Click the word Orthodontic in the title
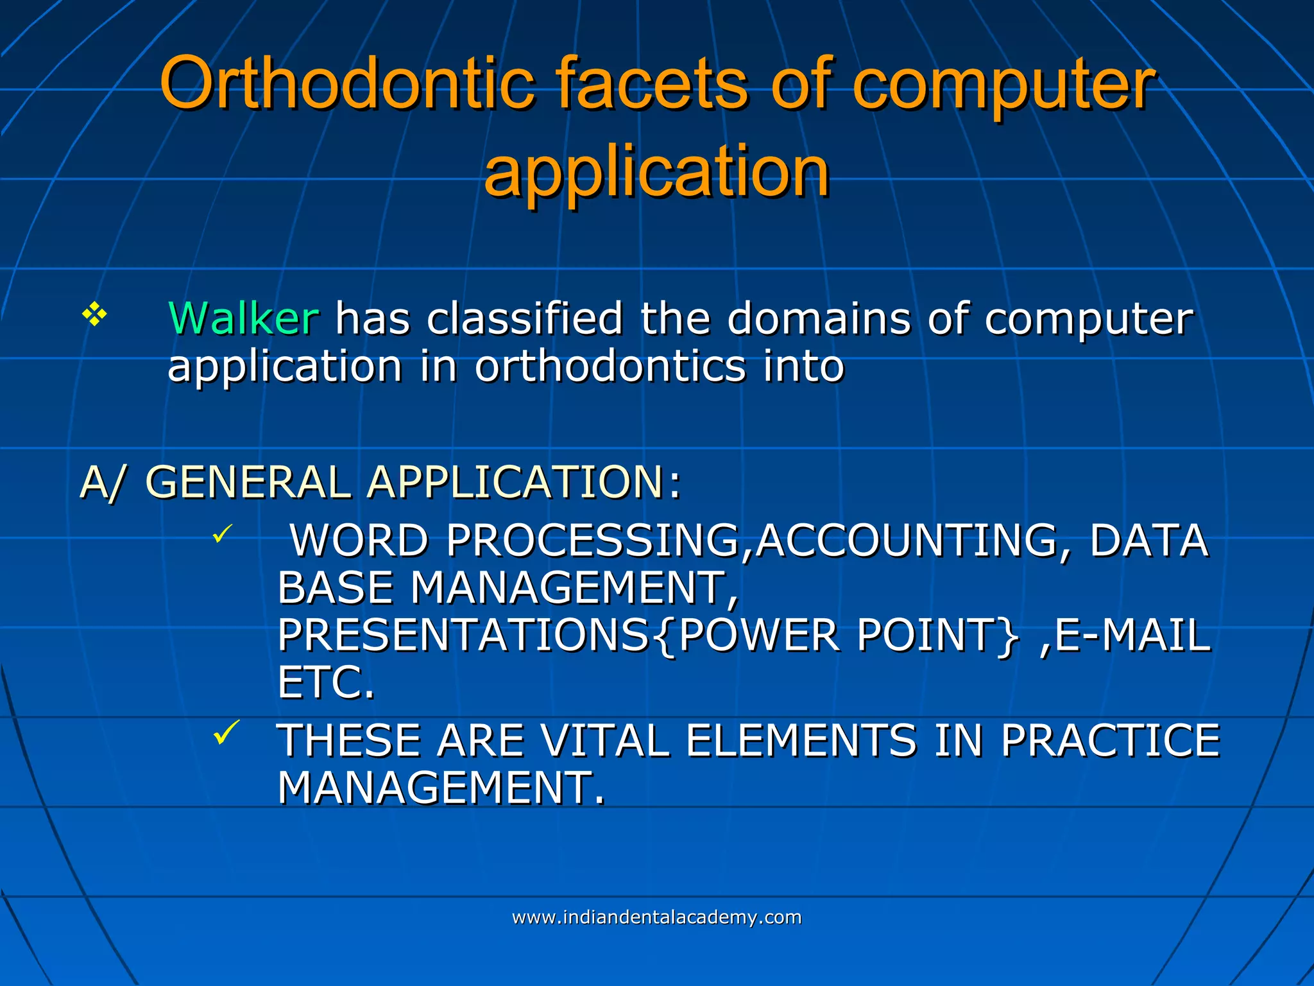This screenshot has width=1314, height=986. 347,83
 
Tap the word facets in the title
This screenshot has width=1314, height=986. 651,83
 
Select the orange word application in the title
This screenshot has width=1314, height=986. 656,172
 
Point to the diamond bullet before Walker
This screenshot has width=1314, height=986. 94,315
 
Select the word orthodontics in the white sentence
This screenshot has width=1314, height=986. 610,367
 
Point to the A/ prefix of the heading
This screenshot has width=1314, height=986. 101,482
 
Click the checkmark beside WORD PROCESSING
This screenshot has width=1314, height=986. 222,534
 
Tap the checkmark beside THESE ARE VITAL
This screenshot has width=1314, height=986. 226,732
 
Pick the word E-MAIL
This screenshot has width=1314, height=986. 1132,635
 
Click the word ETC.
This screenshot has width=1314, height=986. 325,682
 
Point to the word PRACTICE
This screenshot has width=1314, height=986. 1110,740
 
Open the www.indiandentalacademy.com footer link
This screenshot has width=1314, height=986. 656,917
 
